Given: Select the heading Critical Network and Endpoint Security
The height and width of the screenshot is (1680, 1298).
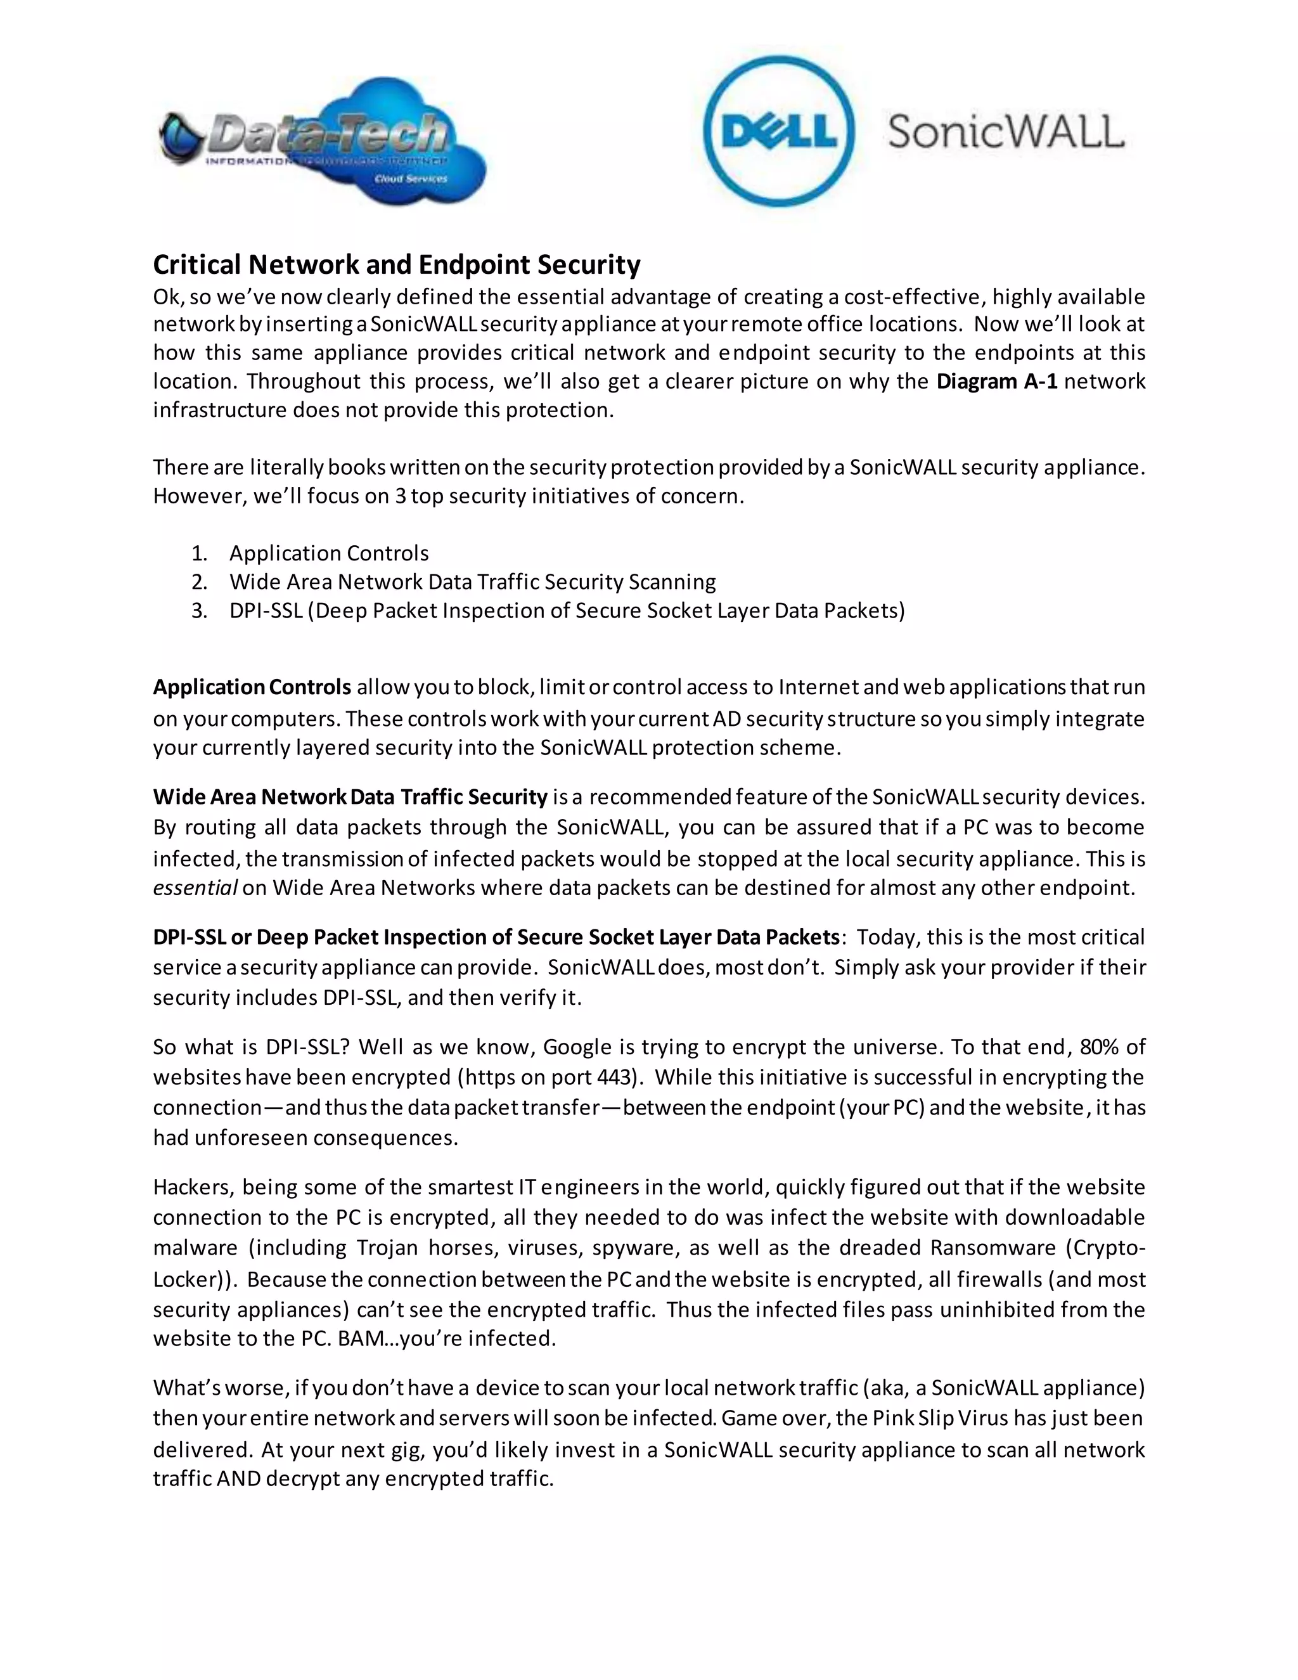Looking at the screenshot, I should click(396, 264).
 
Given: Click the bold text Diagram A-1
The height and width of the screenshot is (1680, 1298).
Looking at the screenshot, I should click(996, 382).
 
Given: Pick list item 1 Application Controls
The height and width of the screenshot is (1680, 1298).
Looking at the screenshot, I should click(328, 553).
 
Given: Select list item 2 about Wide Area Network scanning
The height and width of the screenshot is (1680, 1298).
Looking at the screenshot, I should click(472, 581).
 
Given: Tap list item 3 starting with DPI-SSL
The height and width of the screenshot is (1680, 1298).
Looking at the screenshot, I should click(567, 611).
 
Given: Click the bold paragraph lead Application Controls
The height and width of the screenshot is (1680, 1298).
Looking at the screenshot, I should click(252, 687).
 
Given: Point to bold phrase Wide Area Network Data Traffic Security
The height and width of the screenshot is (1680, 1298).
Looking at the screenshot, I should click(350, 797).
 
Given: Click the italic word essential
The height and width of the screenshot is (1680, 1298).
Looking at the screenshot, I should click(195, 888).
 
